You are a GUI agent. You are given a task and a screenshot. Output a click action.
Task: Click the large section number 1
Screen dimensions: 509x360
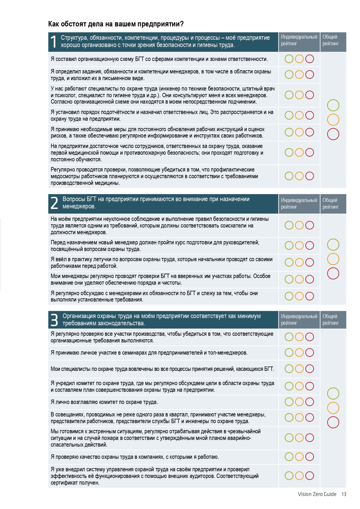pos(53,42)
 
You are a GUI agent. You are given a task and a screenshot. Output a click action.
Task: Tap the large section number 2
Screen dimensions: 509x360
pos(54,203)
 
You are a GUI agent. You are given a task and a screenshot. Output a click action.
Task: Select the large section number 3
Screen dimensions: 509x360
pos(54,320)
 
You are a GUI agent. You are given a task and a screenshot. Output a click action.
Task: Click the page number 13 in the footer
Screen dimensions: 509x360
pos(344,494)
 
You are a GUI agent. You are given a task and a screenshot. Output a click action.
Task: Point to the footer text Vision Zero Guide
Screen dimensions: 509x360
pos(317,494)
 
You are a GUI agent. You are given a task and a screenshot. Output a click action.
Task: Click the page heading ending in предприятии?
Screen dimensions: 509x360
pos(116,24)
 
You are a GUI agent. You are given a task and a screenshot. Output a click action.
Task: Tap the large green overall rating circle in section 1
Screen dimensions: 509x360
pos(333,105)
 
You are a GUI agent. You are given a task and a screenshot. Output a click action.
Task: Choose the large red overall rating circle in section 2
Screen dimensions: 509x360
pos(333,273)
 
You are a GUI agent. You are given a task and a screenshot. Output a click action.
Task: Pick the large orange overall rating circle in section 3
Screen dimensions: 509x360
pos(333,408)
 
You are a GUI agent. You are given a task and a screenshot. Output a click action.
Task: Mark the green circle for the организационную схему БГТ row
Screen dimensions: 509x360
pos(289,59)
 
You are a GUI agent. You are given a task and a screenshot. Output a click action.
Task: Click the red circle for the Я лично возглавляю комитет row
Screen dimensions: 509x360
pos(310,402)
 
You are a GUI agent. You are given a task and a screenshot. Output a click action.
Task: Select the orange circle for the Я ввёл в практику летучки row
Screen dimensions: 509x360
pos(299,262)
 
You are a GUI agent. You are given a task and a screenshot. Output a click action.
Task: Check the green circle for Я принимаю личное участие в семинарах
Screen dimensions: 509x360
pos(289,353)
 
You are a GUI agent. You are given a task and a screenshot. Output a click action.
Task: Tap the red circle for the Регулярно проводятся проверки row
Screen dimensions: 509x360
pos(310,176)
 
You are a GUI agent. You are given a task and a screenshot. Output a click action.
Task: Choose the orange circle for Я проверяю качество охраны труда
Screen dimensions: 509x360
pos(299,457)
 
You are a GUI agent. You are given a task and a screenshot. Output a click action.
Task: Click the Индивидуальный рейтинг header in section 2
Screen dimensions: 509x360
pos(299,203)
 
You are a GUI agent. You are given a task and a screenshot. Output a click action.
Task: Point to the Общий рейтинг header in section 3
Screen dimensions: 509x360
pos(330,320)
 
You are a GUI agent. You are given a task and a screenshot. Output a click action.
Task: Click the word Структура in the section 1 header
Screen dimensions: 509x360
pos(74,38)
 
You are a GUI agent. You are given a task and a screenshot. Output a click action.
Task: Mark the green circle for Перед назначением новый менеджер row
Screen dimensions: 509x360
pos(289,246)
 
